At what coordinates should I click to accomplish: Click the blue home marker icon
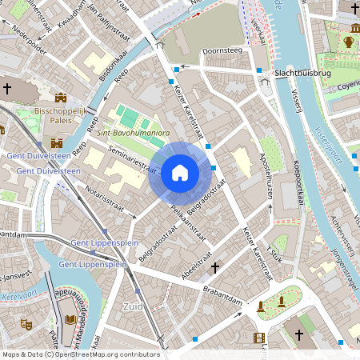pos(180,173)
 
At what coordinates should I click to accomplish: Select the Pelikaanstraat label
pos(189,223)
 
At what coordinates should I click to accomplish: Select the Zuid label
pos(133,306)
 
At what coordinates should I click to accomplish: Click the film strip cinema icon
pos(258,338)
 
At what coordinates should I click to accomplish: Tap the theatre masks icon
pos(25,324)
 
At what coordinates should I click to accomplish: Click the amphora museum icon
pos(349,42)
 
